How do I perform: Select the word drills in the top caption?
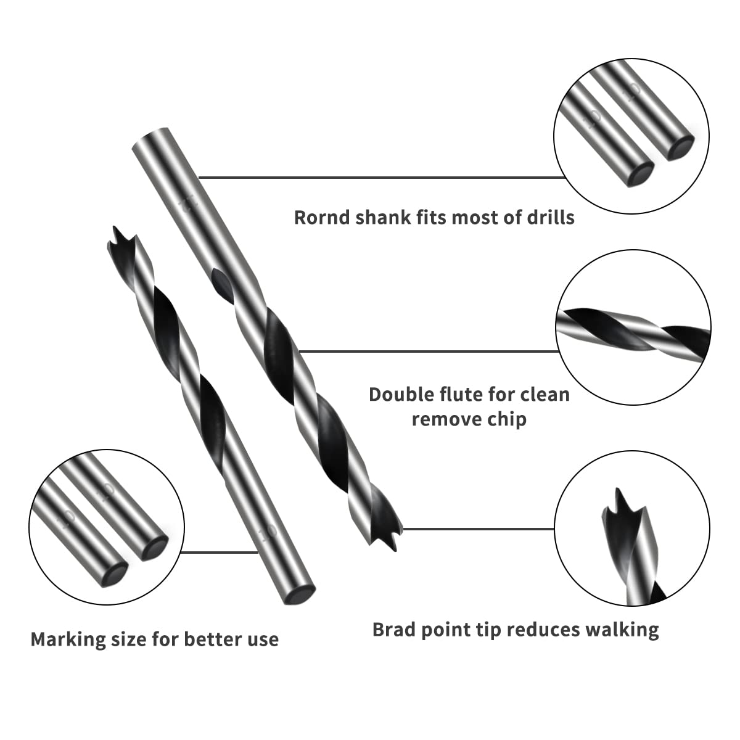[548, 218]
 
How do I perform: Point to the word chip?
[504, 419]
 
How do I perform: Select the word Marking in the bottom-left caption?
[67, 639]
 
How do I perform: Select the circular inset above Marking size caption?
[107, 526]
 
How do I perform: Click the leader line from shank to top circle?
[382, 178]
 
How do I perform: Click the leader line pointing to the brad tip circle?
[478, 528]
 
